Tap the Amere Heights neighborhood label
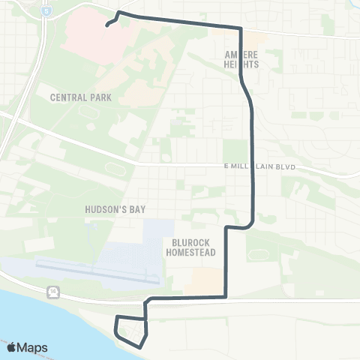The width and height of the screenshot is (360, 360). pyautogui.click(x=241, y=59)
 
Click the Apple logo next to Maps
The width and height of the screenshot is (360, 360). pyautogui.click(x=11, y=347)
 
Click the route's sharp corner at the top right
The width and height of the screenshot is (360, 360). pyautogui.click(x=240, y=28)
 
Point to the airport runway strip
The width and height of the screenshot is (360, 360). pyautogui.click(x=97, y=272)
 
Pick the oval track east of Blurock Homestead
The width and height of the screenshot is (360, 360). pyautogui.click(x=259, y=253)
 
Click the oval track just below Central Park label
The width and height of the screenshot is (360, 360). pyautogui.click(x=89, y=113)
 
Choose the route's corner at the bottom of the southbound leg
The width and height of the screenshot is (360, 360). pyautogui.click(x=226, y=297)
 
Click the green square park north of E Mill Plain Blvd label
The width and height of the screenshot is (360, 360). pyautogui.click(x=234, y=149)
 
